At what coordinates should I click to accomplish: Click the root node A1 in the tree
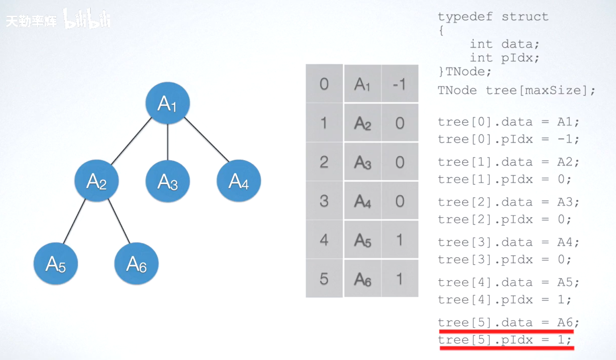(x=167, y=103)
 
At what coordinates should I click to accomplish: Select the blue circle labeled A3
(x=167, y=181)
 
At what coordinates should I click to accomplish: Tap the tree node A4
(x=239, y=181)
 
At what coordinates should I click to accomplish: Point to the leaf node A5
(x=56, y=264)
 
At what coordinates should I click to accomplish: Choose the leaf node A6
(x=136, y=264)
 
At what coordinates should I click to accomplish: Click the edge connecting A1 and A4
(x=207, y=139)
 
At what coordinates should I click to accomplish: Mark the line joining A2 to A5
(x=74, y=221)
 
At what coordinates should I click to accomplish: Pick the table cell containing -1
(x=400, y=84)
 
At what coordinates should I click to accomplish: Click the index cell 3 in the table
(x=324, y=201)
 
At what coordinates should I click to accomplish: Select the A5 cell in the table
(x=363, y=240)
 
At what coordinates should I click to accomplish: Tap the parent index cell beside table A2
(x=400, y=123)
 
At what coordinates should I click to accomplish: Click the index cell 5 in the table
(x=324, y=279)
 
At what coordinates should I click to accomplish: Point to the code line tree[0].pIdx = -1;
(x=508, y=139)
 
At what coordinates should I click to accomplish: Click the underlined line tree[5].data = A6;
(x=508, y=322)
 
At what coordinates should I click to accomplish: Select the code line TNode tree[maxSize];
(x=516, y=90)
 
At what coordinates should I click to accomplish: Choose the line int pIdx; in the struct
(x=504, y=58)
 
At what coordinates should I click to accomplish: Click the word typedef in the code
(x=465, y=17)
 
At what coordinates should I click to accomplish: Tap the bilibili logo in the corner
(x=87, y=20)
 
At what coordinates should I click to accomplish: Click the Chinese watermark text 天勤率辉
(x=31, y=21)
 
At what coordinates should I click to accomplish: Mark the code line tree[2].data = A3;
(x=508, y=202)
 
